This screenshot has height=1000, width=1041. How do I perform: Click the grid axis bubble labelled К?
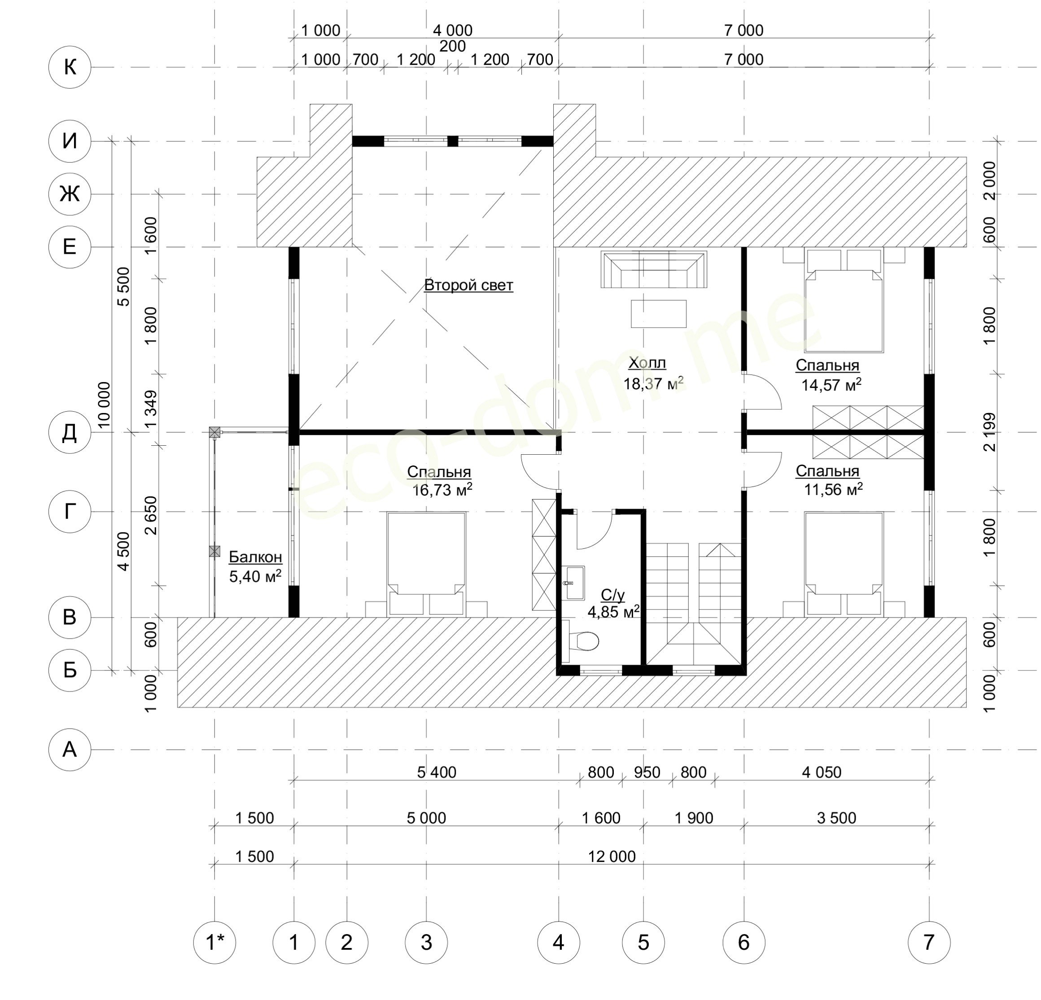(70, 67)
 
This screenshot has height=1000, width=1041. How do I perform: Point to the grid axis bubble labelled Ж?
(70, 194)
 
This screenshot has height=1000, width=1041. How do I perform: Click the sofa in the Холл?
(654, 269)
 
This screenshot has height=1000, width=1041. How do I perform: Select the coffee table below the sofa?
(659, 314)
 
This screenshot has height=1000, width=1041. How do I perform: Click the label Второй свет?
(468, 286)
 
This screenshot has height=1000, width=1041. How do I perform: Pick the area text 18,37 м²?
(653, 384)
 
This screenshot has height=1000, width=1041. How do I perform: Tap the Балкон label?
(255, 557)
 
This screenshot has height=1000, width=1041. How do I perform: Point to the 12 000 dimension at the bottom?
(612, 857)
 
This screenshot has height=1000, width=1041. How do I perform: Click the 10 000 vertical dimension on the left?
(104, 405)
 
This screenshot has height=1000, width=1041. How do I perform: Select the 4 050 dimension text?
(822, 772)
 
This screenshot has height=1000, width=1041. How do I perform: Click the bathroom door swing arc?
(595, 531)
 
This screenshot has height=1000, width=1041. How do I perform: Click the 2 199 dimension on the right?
(990, 432)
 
